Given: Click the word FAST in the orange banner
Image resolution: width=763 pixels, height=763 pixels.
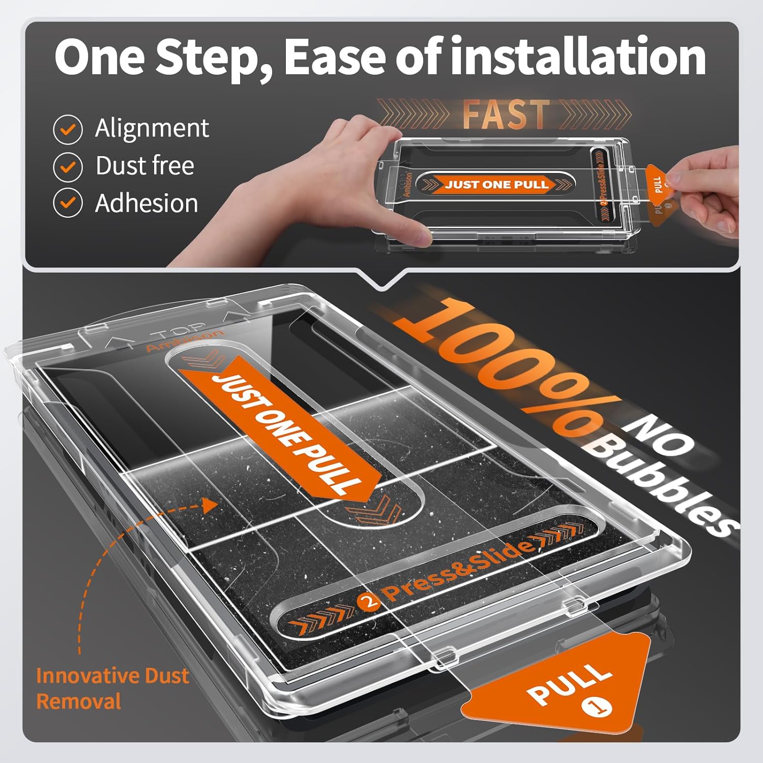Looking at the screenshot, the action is click(x=505, y=113).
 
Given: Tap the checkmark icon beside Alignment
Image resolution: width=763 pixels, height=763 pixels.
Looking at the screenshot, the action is click(x=68, y=129).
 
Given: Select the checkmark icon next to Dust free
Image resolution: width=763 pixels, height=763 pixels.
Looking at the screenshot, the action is click(x=68, y=166).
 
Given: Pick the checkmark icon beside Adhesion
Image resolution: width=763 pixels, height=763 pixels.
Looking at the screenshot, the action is click(x=68, y=203).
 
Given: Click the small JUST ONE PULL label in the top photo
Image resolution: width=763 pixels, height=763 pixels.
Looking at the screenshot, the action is click(x=496, y=184).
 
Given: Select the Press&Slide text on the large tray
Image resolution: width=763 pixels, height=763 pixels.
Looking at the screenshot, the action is click(x=458, y=570).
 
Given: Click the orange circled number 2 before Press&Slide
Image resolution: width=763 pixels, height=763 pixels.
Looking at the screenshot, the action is click(x=368, y=602).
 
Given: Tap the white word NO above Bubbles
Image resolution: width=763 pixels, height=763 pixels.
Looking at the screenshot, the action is click(x=661, y=432).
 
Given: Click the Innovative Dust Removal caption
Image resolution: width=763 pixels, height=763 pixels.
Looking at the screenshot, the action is click(x=112, y=688).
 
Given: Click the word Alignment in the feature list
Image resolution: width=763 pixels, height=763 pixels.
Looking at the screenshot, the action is click(x=152, y=128).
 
